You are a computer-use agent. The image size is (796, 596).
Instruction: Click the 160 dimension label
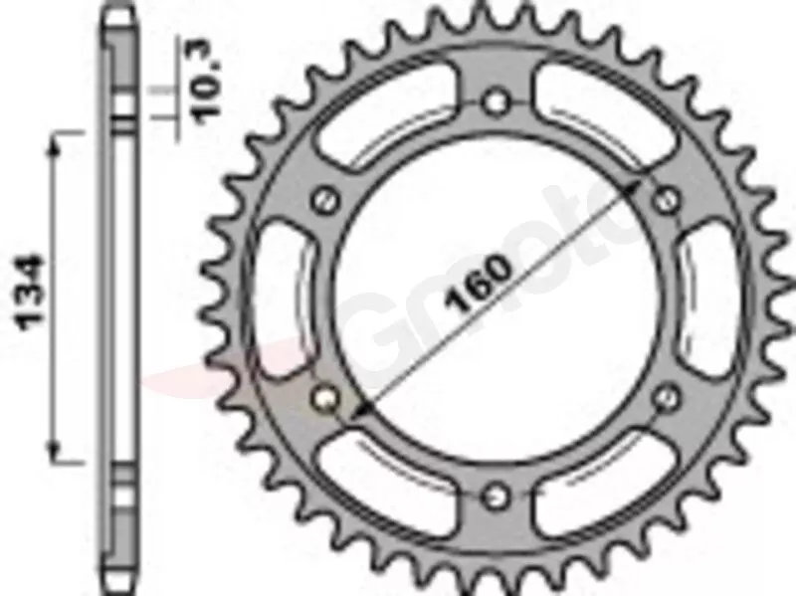click(x=477, y=284)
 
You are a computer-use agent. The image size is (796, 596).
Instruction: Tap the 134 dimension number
click(x=31, y=293)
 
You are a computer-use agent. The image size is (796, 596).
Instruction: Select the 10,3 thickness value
click(x=208, y=81)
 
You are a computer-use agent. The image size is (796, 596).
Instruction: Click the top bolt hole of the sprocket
click(x=496, y=101)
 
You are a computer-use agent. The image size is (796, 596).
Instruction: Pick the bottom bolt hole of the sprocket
click(x=496, y=497)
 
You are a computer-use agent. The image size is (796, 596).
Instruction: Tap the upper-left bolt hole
click(x=325, y=200)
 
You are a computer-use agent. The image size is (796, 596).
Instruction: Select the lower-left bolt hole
click(x=325, y=398)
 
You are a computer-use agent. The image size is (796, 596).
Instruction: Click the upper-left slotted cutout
click(x=387, y=116)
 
